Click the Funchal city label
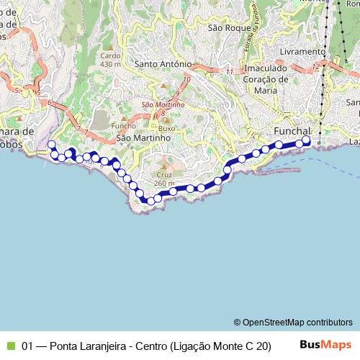coord(292,131)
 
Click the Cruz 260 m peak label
coord(165,179)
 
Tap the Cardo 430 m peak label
coord(111,59)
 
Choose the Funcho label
coord(123,126)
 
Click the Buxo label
coord(167,127)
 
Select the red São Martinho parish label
coord(163,104)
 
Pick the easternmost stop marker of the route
coord(306,140)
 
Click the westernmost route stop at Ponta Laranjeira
coord(51,145)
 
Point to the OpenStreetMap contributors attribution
coord(292,322)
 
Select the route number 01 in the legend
coord(28,346)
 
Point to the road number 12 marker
coord(316,66)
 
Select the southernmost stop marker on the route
coord(150,201)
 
